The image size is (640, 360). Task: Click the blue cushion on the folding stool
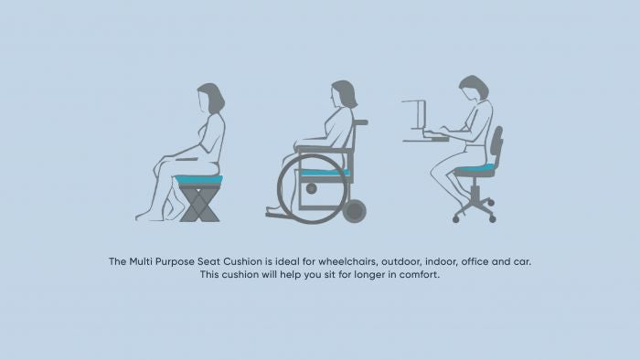[x=198, y=180]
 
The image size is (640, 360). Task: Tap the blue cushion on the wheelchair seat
[x=325, y=173]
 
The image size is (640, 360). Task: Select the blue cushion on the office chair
[x=475, y=167]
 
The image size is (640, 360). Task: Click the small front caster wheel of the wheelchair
[x=355, y=211]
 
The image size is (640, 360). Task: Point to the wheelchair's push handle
[x=361, y=122]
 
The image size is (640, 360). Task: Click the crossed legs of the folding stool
[x=199, y=205]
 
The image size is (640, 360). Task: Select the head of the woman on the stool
[x=210, y=98]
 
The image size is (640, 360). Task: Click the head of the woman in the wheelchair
[x=344, y=94]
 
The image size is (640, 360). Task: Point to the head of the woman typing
[x=475, y=88]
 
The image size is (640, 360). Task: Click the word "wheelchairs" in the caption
[x=347, y=261]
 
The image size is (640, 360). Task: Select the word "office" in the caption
[x=475, y=261]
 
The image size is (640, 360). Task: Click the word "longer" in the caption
[x=369, y=275]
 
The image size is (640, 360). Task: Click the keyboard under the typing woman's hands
[x=436, y=134]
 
